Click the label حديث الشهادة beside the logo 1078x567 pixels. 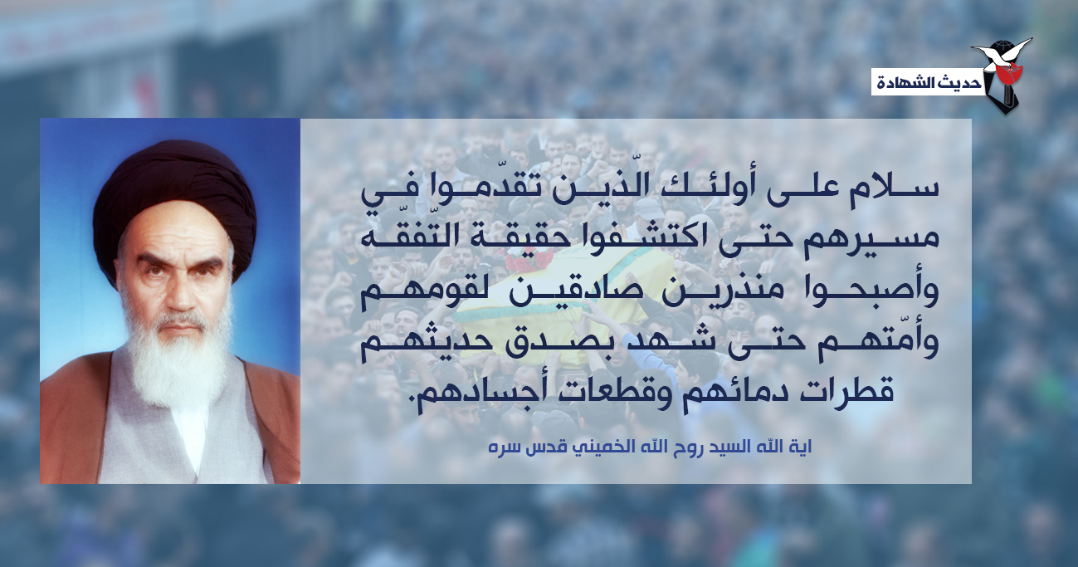pyautogui.click(x=929, y=83)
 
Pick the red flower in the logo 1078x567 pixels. pyautogui.click(x=1010, y=73)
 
